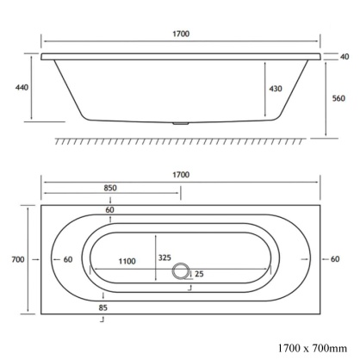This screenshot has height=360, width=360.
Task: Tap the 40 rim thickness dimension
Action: tap(344, 57)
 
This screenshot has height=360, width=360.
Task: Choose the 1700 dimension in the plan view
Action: tap(180, 175)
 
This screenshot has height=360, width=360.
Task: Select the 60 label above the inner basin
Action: tap(110, 210)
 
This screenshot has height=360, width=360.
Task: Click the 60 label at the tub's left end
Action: tap(67, 259)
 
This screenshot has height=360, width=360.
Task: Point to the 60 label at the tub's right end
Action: tap(337, 259)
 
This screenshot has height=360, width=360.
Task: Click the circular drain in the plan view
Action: tap(181, 272)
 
